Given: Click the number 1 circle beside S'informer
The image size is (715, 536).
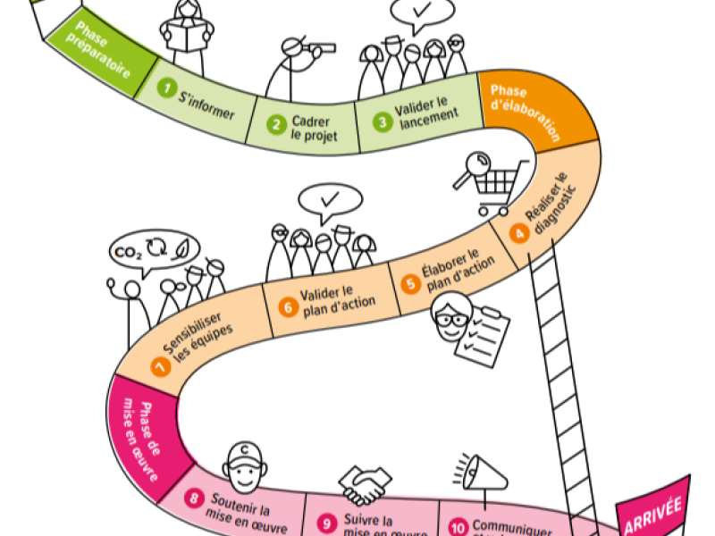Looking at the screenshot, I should click(x=165, y=88).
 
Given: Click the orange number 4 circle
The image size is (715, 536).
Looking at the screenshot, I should click(x=518, y=232).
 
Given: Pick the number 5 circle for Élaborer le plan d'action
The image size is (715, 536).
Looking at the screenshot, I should click(x=410, y=284).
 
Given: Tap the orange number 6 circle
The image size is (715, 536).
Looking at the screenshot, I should click(x=287, y=306).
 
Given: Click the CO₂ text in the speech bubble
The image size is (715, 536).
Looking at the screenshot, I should click(x=125, y=252).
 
